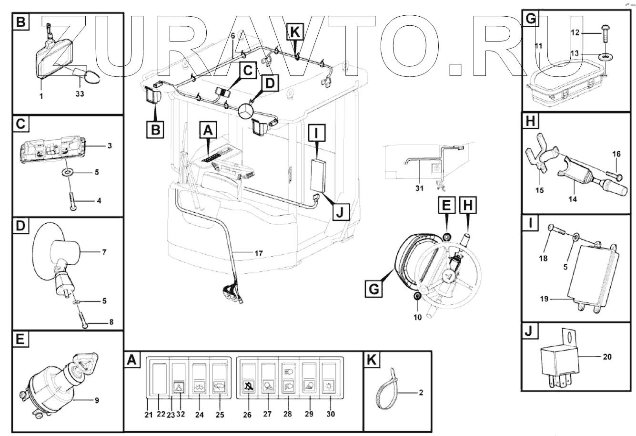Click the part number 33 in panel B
80,94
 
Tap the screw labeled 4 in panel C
72,200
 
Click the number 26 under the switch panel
247,414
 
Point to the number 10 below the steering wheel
417,316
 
